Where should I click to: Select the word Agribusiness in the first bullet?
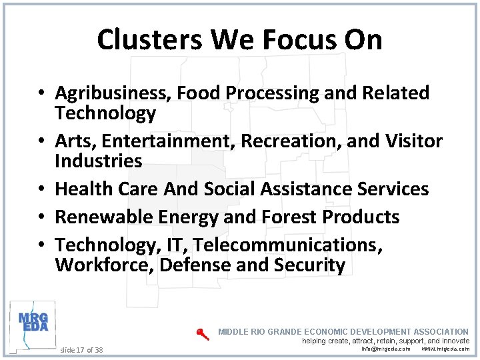tap(113, 93)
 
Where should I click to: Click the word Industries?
tap(99, 161)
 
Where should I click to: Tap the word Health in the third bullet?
tap(85, 189)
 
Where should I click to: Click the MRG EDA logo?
tap(32, 323)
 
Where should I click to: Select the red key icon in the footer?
tap(203, 334)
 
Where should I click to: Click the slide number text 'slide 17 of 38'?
tap(81, 349)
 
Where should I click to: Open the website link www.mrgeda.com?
tap(445, 349)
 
